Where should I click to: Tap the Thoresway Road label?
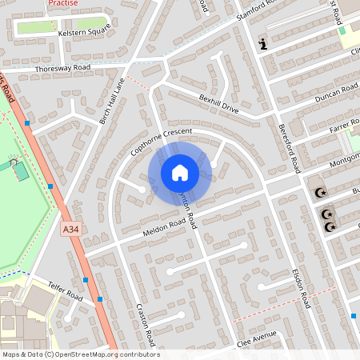pyautogui.click(x=63, y=69)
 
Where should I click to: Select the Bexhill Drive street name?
pyautogui.click(x=219, y=103)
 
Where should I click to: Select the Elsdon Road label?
pyautogui.click(x=300, y=287)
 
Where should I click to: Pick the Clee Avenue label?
pyautogui.click(x=256, y=339)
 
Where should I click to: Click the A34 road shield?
pyautogui.click(x=72, y=230)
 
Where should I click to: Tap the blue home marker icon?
pyautogui.click(x=179, y=173)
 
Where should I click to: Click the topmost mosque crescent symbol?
pyautogui.click(x=322, y=193)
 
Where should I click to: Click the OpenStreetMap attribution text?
pyautogui.click(x=80, y=354)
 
